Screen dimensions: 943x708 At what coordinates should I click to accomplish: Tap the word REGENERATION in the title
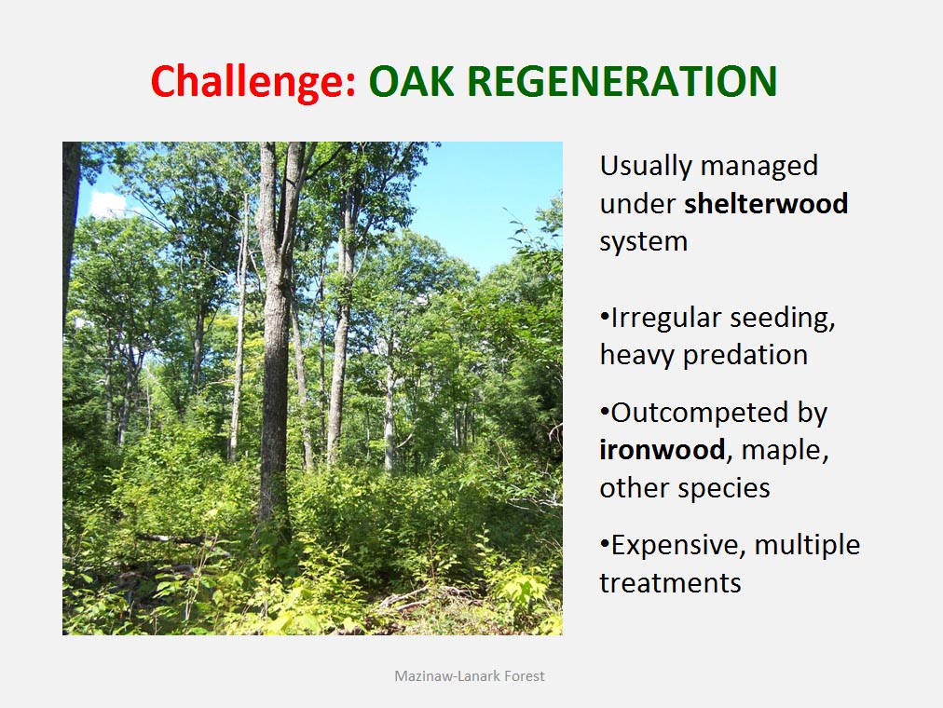[622, 81]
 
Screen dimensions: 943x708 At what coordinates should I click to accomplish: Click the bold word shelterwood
[766, 203]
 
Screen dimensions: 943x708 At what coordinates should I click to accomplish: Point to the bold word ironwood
[663, 450]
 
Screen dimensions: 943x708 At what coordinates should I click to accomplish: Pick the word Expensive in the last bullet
[677, 546]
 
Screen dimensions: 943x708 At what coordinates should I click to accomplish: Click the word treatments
[670, 583]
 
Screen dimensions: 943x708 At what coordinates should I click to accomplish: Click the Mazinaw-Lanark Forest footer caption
[470, 676]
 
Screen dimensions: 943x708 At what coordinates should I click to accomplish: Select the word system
[644, 242]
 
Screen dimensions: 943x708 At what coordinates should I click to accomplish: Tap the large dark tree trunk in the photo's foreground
[276, 336]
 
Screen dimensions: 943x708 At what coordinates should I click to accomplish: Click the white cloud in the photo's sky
[107, 204]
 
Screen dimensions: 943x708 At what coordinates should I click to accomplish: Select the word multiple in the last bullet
[807, 546]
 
